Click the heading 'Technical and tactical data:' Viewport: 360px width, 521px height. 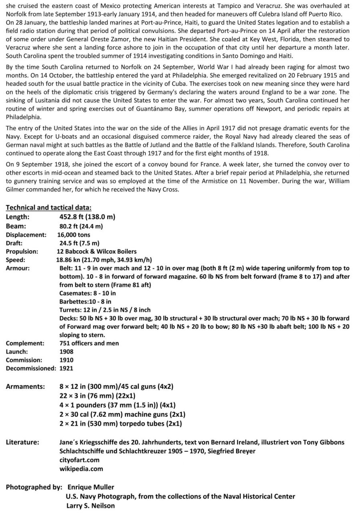tap(48, 208)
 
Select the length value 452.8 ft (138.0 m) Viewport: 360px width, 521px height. tap(87, 217)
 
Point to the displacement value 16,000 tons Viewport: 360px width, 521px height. tap(74, 235)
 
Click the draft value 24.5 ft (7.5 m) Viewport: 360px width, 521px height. tap(79, 243)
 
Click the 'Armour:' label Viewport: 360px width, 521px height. tap(18, 268)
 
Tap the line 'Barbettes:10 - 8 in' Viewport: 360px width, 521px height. tap(85, 301)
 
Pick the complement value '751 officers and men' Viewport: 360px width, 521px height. tap(89, 343)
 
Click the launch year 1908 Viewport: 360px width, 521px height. tap(66, 351)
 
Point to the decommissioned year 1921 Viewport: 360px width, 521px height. tap(66, 368)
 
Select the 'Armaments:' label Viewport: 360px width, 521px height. tap(25, 387)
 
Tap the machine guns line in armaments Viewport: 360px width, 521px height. tap(122, 414)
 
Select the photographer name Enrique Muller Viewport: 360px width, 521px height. tap(91, 487)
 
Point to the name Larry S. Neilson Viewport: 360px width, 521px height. tap(91, 505)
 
